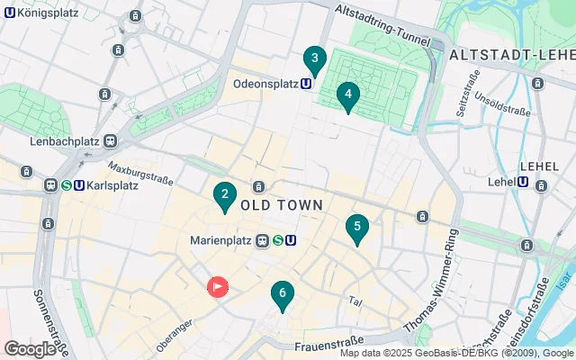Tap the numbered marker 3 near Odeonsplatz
click(314, 60)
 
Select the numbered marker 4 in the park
click(348, 94)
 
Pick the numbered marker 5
click(357, 228)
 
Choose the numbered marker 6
click(283, 293)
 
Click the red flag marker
click(218, 286)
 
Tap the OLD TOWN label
click(282, 205)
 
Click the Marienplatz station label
click(222, 240)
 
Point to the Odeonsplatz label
click(265, 84)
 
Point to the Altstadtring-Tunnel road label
click(382, 22)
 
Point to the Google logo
click(30, 348)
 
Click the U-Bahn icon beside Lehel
click(524, 182)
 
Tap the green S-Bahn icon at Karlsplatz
click(66, 186)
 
